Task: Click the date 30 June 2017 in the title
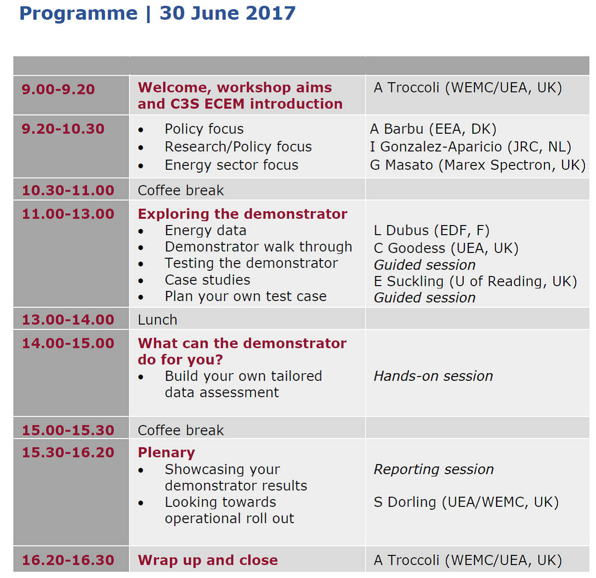[227, 13]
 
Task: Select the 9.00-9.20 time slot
[58, 89]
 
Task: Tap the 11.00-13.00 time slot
[68, 214]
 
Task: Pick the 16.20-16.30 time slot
[68, 560]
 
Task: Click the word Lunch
[158, 320]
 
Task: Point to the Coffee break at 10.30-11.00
[181, 190]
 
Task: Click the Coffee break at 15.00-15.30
[181, 430]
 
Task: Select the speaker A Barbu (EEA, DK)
[433, 129]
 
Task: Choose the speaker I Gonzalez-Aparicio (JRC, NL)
[471, 147]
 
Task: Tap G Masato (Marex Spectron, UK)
[478, 165]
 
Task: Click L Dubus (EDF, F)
[432, 230]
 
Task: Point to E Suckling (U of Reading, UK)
[475, 281]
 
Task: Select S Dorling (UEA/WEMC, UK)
[466, 502]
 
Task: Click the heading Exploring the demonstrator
[243, 214]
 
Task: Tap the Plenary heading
[166, 452]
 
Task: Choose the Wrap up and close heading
[208, 560]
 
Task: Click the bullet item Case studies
[207, 280]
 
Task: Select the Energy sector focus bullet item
[232, 165]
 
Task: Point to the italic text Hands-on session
[434, 376]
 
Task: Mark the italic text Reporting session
[434, 469]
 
